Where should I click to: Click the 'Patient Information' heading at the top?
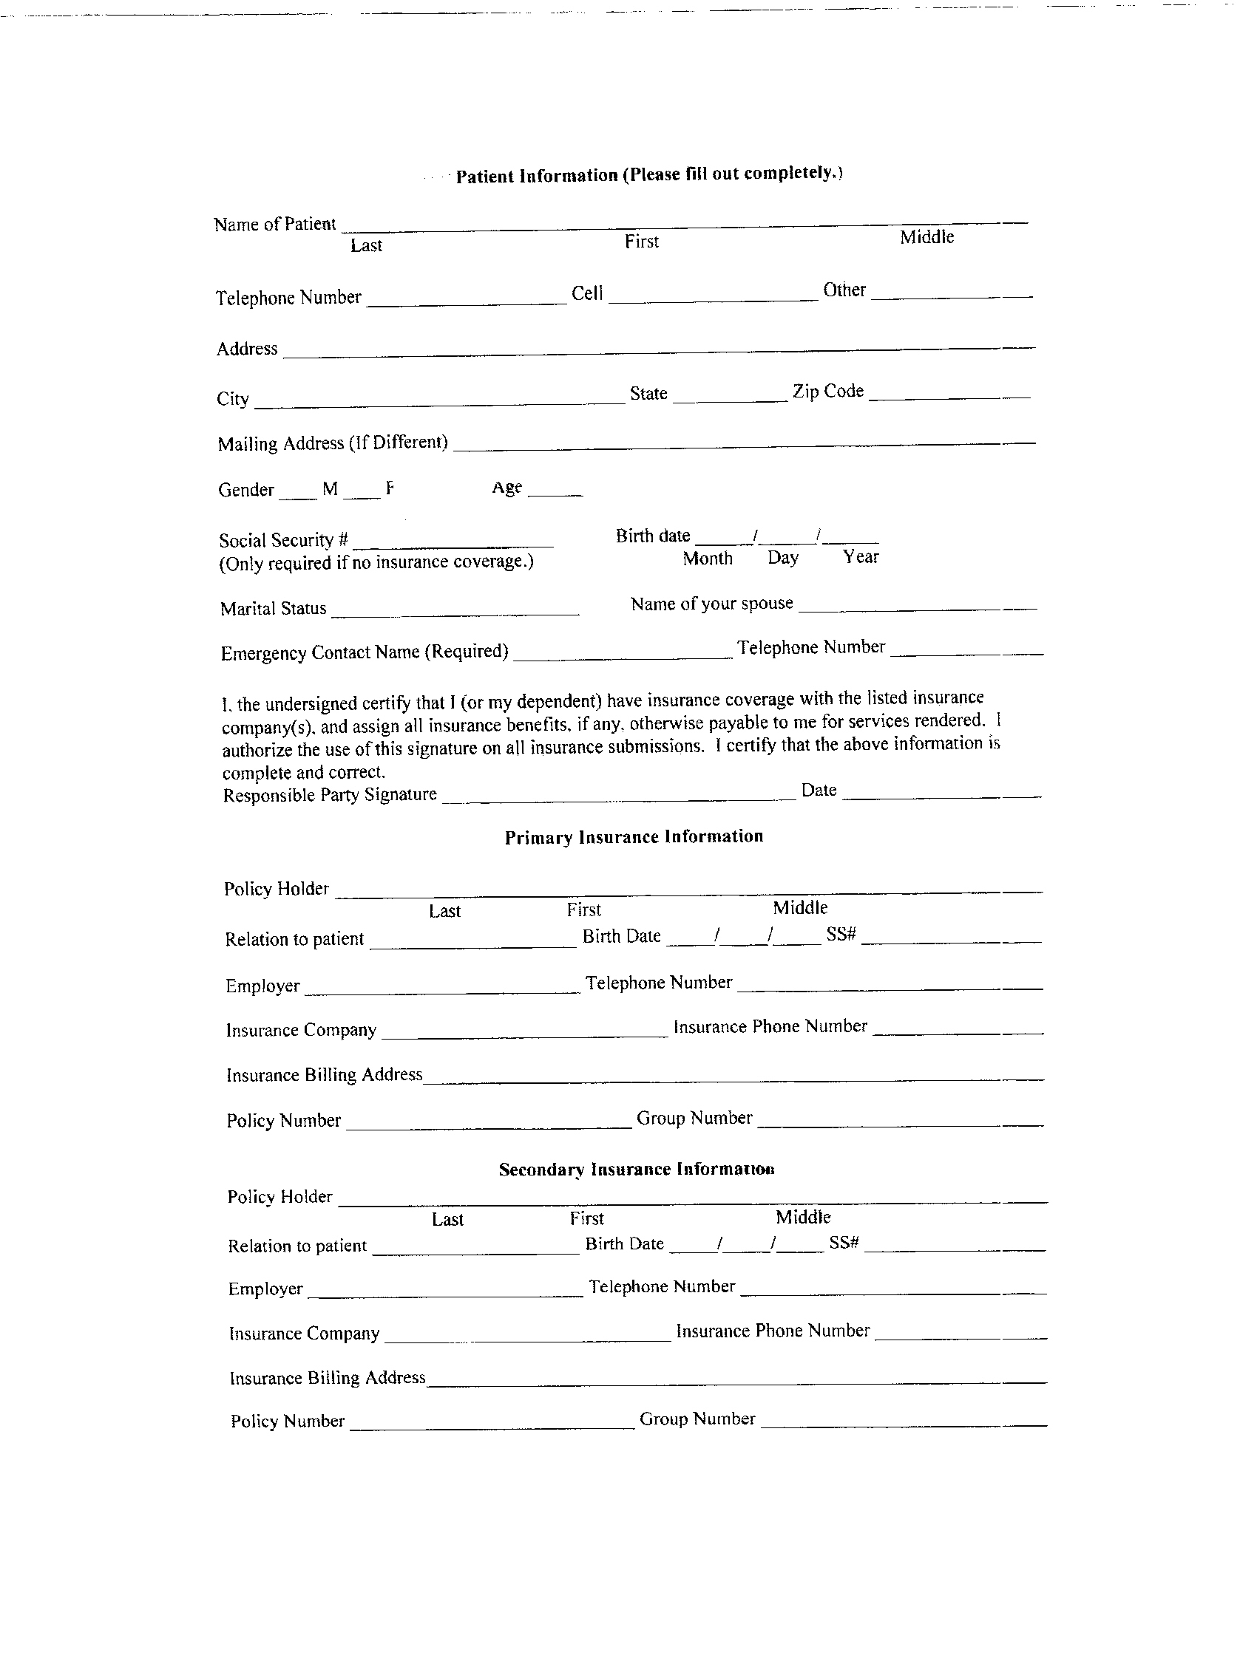648,175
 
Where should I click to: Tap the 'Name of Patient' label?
274,225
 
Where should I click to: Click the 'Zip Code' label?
828,392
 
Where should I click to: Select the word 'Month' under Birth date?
708,559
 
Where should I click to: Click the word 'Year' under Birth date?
860,556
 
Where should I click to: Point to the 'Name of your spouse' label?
711,604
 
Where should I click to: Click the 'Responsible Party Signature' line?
618,797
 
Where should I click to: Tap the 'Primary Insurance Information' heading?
634,837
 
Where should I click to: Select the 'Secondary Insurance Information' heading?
637,1170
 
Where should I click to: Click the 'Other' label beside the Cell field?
844,290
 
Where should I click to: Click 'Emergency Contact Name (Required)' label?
364,652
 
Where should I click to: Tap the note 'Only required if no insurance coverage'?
376,563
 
